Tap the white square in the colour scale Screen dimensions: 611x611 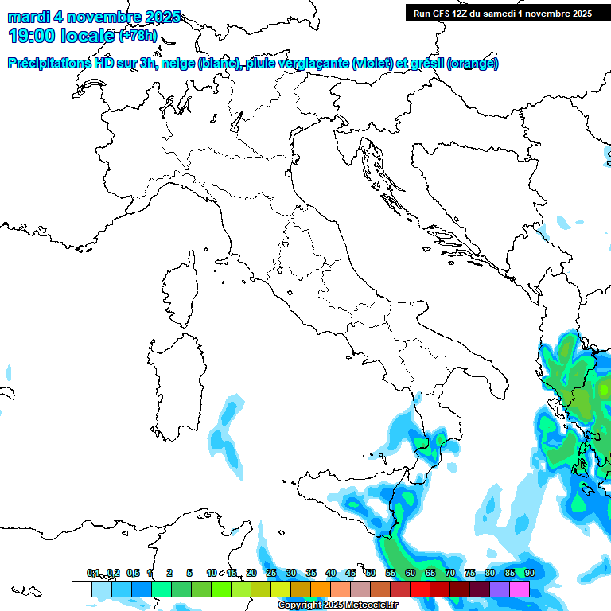[81, 589]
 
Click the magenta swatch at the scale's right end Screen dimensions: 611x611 [519, 589]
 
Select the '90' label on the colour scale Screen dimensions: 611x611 [529, 573]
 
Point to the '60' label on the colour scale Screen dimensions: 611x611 [410, 573]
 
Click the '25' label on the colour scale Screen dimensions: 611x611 [270, 573]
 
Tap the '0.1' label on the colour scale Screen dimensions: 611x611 [93, 573]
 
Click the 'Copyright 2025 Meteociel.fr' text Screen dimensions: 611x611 [339, 605]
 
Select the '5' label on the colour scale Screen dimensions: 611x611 [189, 573]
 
